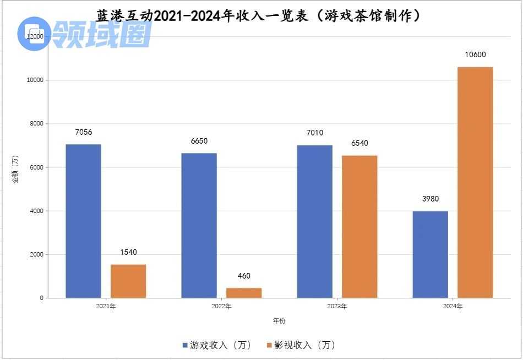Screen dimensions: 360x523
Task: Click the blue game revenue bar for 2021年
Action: click(x=83, y=221)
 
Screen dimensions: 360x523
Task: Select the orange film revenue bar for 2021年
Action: click(x=128, y=281)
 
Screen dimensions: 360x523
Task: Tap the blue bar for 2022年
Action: click(x=199, y=225)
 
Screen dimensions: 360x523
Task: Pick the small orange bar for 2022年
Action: click(x=244, y=292)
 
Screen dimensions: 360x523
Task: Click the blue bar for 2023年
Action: click(x=314, y=221)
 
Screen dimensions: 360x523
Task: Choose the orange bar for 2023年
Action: click(x=359, y=226)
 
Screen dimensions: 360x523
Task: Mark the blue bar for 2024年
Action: click(x=430, y=254)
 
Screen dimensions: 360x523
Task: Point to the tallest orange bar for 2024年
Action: click(x=475, y=182)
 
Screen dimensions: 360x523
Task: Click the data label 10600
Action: click(x=475, y=54)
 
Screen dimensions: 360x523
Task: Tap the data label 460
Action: click(x=244, y=276)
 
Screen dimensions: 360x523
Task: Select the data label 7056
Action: click(x=84, y=132)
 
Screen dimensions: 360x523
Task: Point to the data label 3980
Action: click(x=430, y=199)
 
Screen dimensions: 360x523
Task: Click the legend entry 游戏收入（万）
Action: click(x=217, y=345)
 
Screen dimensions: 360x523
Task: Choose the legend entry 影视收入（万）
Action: click(x=301, y=345)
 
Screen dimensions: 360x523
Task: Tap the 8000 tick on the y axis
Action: click(x=36, y=124)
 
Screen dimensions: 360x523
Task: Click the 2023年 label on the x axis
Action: click(x=336, y=306)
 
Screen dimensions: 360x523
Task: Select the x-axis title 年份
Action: click(x=279, y=320)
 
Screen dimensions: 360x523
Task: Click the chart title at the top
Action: click(x=258, y=15)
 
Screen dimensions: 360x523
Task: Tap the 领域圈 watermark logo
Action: click(x=85, y=34)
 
